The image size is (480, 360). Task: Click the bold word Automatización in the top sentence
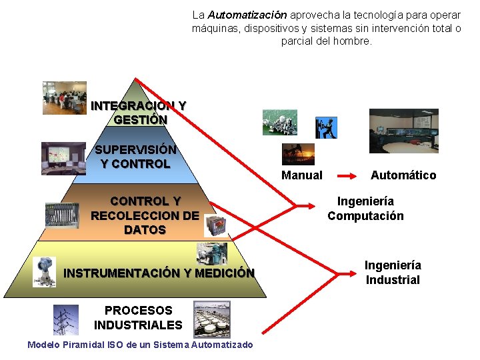[247, 15]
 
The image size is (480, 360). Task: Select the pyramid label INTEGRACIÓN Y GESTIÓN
[139, 113]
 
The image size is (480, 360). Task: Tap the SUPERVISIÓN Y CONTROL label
[135, 157]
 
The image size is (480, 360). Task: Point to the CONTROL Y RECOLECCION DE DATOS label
[145, 215]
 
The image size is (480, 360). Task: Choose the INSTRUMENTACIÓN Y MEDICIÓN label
[159, 273]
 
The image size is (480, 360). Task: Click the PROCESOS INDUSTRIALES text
[138, 318]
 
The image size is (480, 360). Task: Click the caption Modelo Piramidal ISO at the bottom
[140, 345]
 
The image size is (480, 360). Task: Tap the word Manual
[301, 175]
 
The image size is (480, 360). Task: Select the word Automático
[403, 175]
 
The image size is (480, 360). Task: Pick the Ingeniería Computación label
[365, 209]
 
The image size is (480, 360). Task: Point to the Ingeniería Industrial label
[393, 273]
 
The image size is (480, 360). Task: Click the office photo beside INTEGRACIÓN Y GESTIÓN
[65, 98]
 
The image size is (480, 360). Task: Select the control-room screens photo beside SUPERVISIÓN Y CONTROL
[63, 158]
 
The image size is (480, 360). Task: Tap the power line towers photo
[66, 319]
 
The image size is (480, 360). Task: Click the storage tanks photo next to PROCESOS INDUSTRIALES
[211, 319]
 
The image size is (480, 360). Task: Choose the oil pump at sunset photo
[297, 154]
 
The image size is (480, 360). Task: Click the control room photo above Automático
[404, 131]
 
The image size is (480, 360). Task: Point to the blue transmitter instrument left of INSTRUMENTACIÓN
[45, 271]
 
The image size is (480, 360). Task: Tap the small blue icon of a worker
[326, 127]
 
